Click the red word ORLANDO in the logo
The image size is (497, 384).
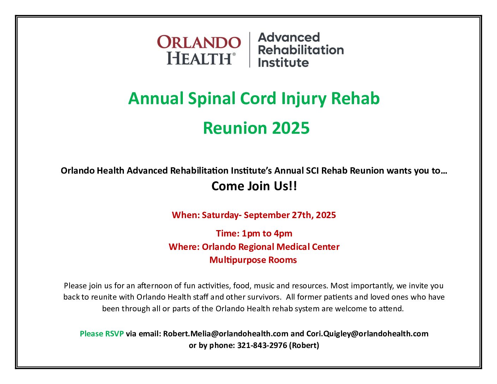199,42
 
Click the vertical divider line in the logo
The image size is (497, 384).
250,49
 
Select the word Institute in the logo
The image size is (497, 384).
283,63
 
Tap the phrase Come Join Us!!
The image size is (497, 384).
254,186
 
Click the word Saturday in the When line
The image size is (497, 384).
220,215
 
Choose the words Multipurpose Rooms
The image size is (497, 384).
253,260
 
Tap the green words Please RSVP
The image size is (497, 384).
102,334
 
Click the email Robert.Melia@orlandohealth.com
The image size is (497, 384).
226,334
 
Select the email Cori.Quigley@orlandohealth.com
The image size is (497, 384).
367,334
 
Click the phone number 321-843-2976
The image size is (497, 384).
262,346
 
